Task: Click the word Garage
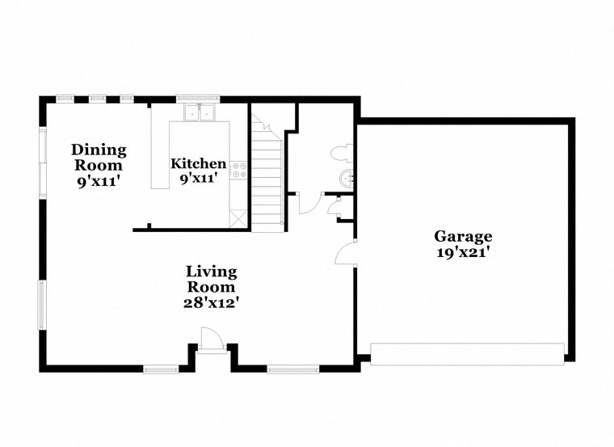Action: click(x=463, y=236)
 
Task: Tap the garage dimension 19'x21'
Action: click(x=463, y=251)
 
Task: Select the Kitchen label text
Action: click(x=198, y=163)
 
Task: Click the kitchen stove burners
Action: click(x=239, y=169)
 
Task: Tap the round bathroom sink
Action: click(x=347, y=179)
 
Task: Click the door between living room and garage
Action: click(x=346, y=253)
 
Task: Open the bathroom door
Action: click(x=308, y=202)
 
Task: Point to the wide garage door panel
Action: click(x=467, y=354)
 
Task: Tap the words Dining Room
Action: click(x=99, y=157)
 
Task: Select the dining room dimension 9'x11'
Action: click(x=99, y=181)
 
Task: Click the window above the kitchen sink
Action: click(x=199, y=99)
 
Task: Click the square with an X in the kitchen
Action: click(x=238, y=217)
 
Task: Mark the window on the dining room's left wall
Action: click(x=42, y=162)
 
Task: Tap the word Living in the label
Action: click(x=211, y=271)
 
